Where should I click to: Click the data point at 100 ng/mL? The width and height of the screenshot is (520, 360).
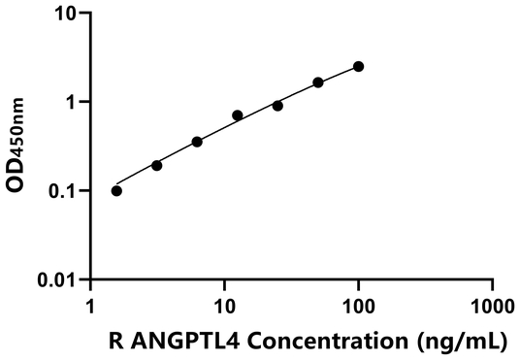click(358, 66)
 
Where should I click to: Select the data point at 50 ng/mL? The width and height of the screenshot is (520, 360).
click(318, 82)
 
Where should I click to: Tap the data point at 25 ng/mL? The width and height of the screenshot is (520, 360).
click(277, 105)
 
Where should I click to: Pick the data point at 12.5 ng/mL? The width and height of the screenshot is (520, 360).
click(238, 115)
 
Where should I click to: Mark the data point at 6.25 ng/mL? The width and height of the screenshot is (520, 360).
click(197, 142)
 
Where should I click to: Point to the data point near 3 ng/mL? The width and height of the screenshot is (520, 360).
click(156, 165)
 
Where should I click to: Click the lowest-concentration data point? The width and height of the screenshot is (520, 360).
click(116, 190)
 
